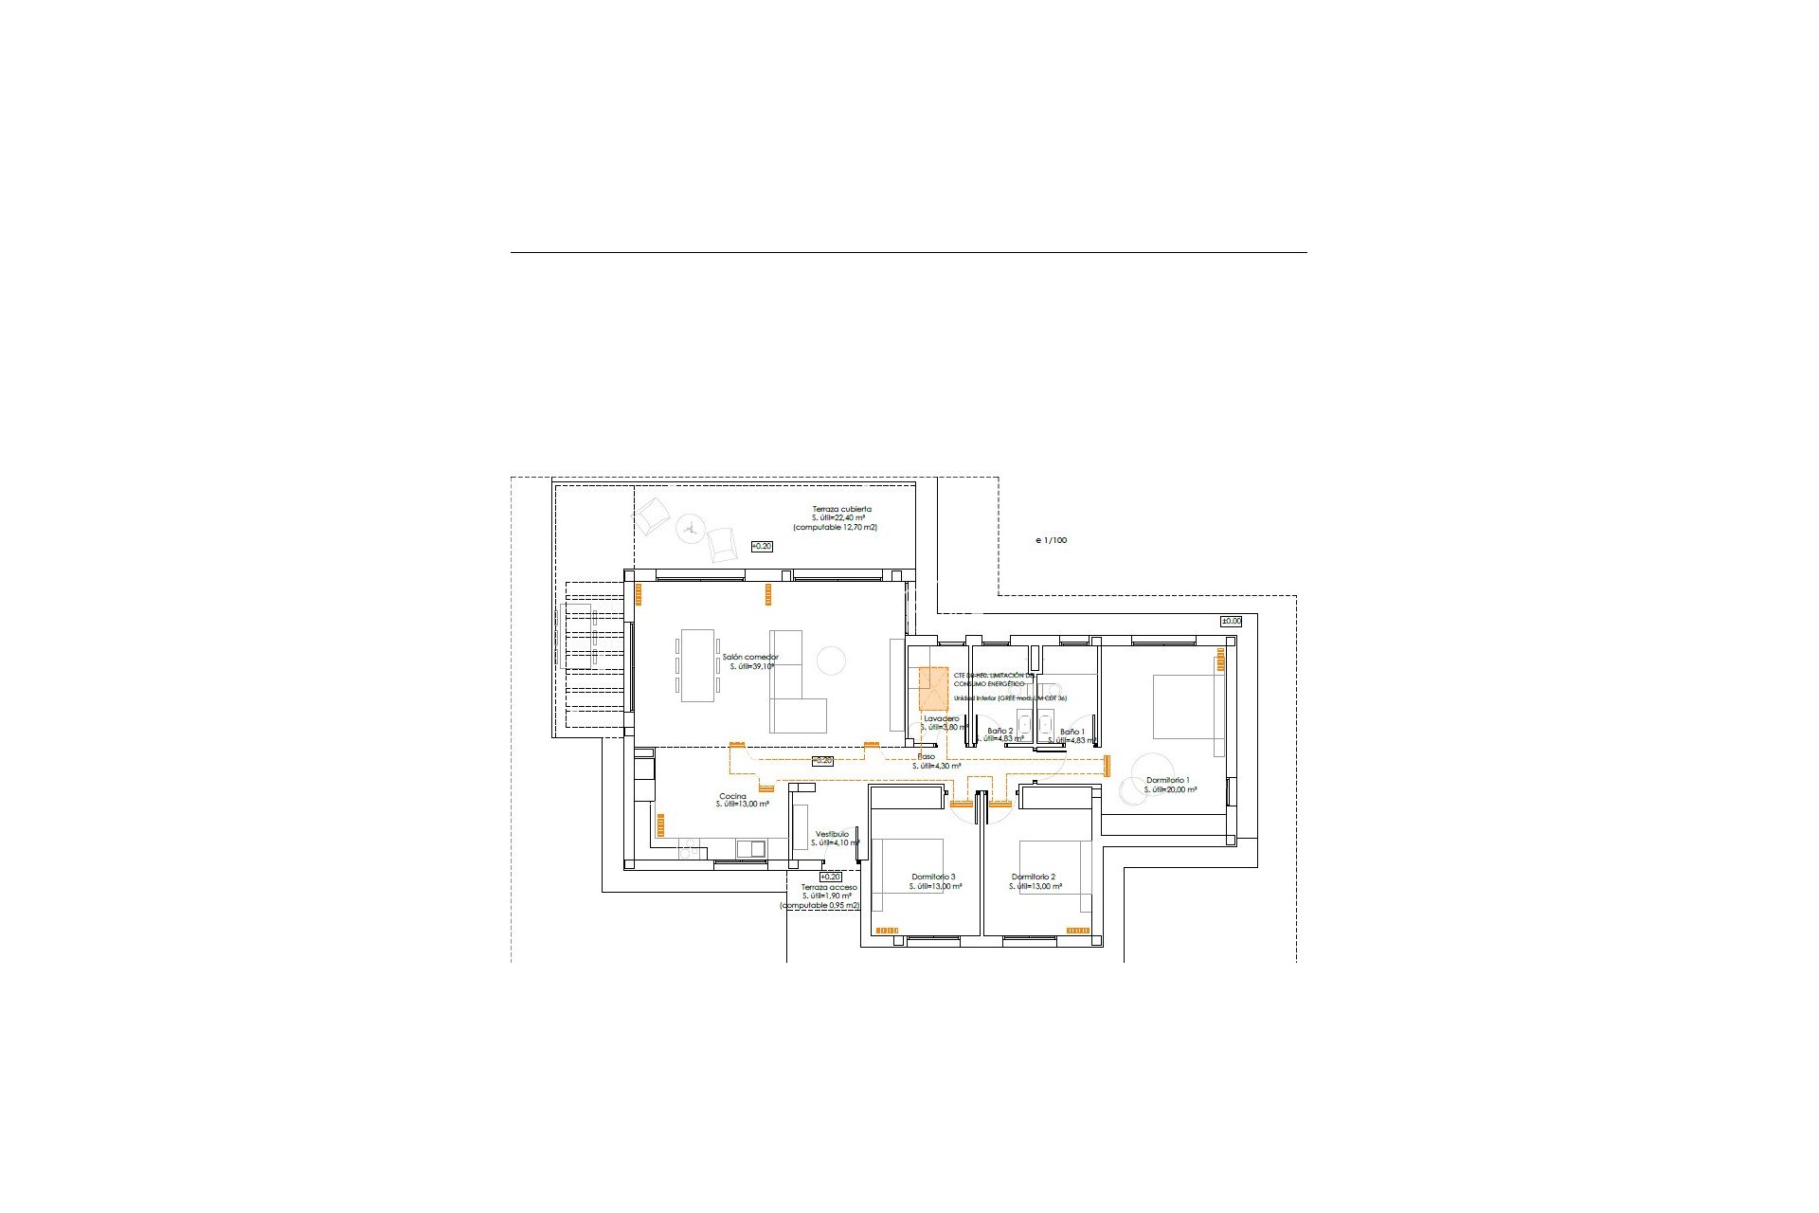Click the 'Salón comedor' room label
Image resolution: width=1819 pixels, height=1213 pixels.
click(749, 657)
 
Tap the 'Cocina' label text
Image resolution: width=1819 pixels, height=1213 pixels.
click(732, 796)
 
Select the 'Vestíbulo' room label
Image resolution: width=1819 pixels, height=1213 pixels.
click(832, 834)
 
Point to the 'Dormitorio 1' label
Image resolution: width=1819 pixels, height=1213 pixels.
click(1167, 780)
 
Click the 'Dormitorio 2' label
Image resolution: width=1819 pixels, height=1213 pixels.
click(1033, 877)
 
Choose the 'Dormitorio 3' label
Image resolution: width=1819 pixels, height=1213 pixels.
click(933, 877)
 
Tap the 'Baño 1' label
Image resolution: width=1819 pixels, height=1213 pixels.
click(1072, 732)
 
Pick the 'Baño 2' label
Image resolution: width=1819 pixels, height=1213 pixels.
click(1000, 731)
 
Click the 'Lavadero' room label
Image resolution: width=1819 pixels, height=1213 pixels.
click(941, 718)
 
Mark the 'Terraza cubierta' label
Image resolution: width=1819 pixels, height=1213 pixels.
click(841, 509)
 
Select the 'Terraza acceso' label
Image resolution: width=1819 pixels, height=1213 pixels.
click(829, 887)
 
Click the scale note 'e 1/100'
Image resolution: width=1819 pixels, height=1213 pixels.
click(1051, 540)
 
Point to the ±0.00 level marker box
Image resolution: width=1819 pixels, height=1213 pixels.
click(1231, 621)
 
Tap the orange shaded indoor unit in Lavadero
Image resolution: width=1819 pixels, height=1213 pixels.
click(933, 688)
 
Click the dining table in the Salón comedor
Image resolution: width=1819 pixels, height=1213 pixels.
click(697, 665)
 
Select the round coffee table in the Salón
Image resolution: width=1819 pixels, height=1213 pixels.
click(831, 660)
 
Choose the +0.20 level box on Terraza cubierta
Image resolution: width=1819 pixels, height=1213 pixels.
click(761, 546)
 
